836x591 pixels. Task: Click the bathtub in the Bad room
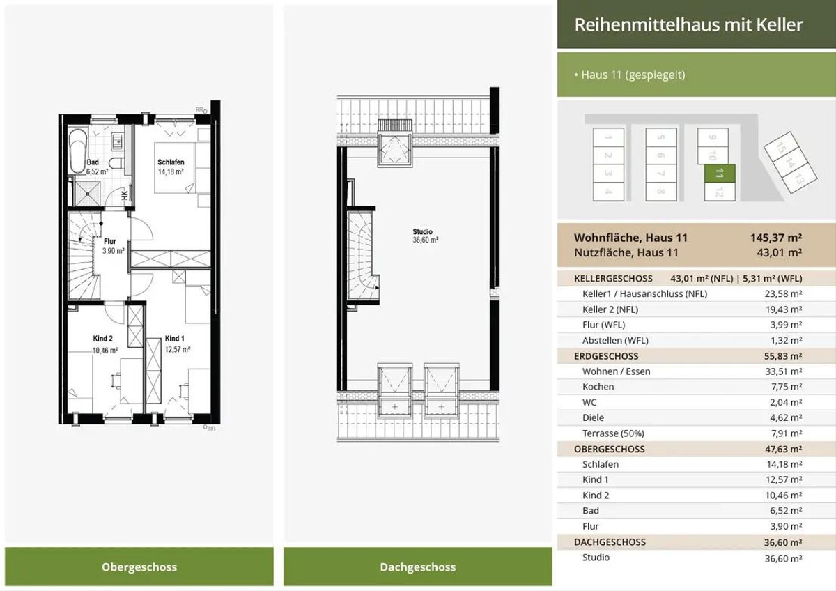(x=77, y=151)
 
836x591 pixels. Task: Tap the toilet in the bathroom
(x=116, y=164)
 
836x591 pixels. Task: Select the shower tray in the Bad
(x=88, y=193)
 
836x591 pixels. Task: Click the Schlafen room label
(x=171, y=162)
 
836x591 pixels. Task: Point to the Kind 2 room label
(x=102, y=338)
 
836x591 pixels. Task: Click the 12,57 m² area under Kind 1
(x=178, y=349)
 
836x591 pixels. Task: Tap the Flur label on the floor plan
(x=110, y=241)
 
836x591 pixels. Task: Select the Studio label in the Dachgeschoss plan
(x=422, y=231)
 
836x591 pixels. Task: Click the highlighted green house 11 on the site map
(x=720, y=174)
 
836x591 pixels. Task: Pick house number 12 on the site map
(x=720, y=192)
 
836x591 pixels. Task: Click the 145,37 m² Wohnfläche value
(x=776, y=238)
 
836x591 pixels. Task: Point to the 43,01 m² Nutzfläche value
(x=780, y=252)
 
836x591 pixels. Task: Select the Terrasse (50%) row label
(x=613, y=433)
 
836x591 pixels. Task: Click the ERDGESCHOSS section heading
(x=606, y=356)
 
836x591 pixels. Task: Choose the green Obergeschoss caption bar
(x=139, y=567)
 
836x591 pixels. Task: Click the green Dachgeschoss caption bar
(x=417, y=567)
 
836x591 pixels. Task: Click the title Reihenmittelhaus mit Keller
(x=688, y=24)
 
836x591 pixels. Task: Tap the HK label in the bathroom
(x=125, y=195)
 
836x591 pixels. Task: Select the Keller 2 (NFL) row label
(x=610, y=309)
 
